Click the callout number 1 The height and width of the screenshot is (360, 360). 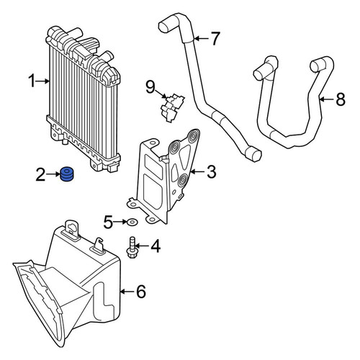(32, 81)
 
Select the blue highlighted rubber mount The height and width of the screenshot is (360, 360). (66, 174)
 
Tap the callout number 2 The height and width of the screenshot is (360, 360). (40, 174)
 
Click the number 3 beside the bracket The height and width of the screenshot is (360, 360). (212, 172)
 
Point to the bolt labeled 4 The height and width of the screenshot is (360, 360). (131, 248)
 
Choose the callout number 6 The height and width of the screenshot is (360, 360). (141, 292)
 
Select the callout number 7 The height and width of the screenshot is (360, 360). (215, 38)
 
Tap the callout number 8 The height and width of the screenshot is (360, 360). (341, 99)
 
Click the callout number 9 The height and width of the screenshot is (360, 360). (150, 87)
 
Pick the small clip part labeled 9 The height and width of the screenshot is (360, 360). (172, 108)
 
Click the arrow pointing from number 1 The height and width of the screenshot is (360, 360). (42, 81)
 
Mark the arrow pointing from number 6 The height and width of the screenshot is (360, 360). (127, 292)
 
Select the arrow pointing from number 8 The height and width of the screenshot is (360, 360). (326, 99)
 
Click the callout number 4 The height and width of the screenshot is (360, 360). (156, 246)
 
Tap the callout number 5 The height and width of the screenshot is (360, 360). (108, 222)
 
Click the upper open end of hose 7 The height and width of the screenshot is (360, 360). (164, 27)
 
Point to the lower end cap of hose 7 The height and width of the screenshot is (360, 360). (254, 153)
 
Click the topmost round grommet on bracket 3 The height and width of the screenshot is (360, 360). (193, 136)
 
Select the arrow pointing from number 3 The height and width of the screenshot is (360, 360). (197, 172)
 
